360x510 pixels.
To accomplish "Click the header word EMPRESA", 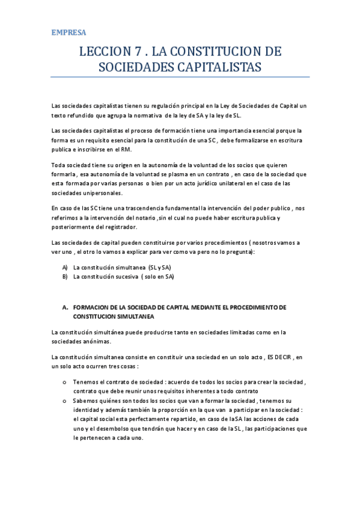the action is click(69, 32).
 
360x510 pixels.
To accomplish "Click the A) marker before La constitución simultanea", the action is click(66, 266).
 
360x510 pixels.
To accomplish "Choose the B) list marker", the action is click(66, 277).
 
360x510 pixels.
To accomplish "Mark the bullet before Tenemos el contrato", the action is click(65, 382).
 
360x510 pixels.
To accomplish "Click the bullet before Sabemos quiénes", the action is click(65, 400).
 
